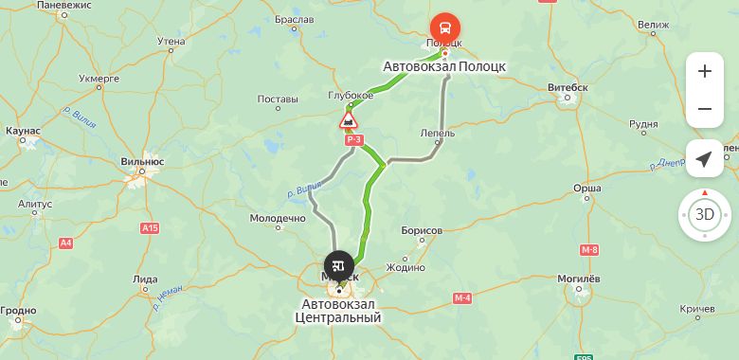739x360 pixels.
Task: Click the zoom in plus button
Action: [704, 71]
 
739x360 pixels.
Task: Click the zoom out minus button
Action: [704, 109]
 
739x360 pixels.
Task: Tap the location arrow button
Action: [704, 159]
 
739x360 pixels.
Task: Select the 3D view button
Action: [705, 214]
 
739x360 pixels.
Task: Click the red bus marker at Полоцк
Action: [444, 27]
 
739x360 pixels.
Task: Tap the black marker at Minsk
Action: [339, 265]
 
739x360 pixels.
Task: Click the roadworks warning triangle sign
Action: [349, 120]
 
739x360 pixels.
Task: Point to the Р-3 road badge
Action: [354, 140]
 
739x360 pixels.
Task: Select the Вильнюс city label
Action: [143, 162]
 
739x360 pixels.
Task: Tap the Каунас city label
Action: [22, 130]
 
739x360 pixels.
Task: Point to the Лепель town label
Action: [437, 134]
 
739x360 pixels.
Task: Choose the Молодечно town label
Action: [277, 218]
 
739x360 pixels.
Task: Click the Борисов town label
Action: [423, 230]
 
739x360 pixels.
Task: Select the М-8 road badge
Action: [589, 249]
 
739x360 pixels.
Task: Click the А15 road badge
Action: [149, 228]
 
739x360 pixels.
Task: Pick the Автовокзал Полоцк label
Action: [444, 67]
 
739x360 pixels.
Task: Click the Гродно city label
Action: [18, 310]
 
